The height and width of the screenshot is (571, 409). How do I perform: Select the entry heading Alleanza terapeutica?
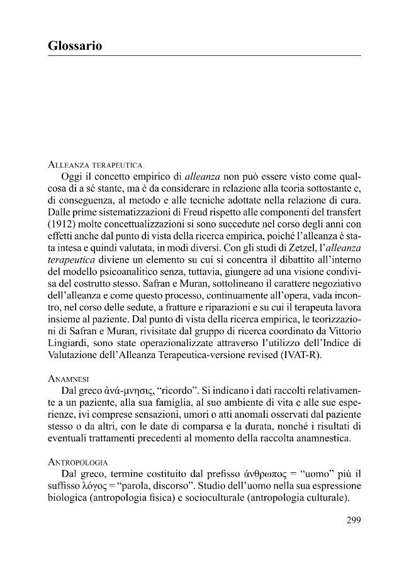click(x=95, y=164)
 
